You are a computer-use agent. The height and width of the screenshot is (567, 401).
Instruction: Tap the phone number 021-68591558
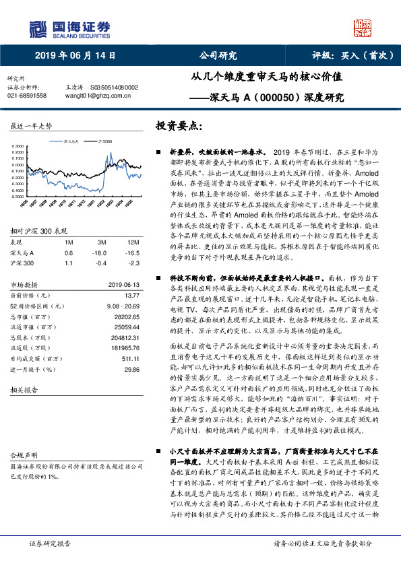pos(26,96)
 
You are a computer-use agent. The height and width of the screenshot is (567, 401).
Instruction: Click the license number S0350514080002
pos(114,88)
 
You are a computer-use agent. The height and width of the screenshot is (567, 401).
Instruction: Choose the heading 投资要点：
pos(179,126)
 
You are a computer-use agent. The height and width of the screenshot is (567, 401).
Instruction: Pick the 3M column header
pos(102,241)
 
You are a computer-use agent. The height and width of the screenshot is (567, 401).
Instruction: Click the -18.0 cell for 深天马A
pos(102,253)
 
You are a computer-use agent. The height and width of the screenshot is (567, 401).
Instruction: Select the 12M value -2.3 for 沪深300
pos(134,263)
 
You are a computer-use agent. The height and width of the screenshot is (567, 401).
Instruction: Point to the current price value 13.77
pos(130,295)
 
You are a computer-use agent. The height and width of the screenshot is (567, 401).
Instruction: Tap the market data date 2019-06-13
pos(123,284)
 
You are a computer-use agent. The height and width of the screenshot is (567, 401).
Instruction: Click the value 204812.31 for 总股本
pos(123,337)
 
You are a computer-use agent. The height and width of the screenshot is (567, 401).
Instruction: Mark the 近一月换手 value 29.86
pos(131,370)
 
